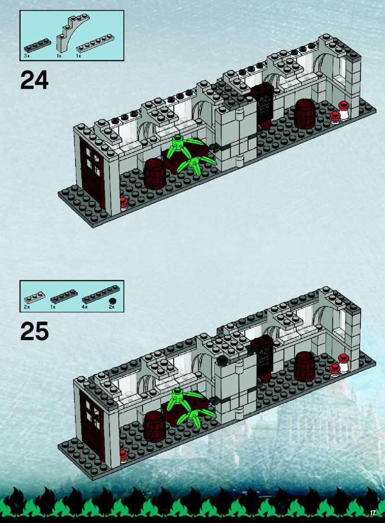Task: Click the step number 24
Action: point(34,80)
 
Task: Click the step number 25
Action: point(34,331)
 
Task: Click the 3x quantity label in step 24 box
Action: point(26,56)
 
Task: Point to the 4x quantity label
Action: point(85,307)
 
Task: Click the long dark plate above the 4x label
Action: point(101,294)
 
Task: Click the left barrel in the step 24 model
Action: point(155,174)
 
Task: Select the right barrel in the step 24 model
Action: point(305,114)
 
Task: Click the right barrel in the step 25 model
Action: point(305,366)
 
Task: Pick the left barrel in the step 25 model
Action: point(155,426)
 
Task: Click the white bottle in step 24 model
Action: point(344,111)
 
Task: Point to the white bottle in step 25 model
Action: point(344,364)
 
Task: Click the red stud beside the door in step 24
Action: point(124,203)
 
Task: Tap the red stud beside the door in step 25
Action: point(124,456)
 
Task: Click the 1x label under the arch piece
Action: point(59,56)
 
